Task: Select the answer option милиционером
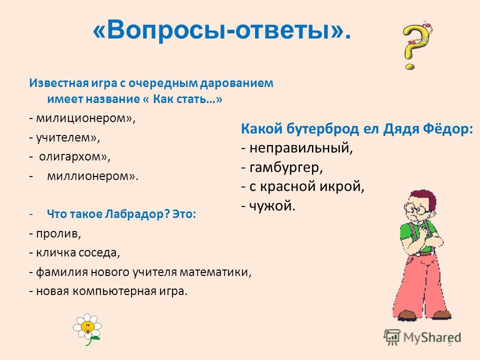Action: [85, 118]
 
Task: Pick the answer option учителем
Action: [68, 138]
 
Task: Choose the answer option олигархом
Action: [74, 157]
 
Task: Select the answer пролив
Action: [58, 233]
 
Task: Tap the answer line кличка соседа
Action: [78, 252]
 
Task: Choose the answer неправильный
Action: [301, 148]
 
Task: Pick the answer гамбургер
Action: [286, 168]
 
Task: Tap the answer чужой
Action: [272, 205]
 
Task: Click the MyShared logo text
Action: [432, 337]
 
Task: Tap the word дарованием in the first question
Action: [236, 83]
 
